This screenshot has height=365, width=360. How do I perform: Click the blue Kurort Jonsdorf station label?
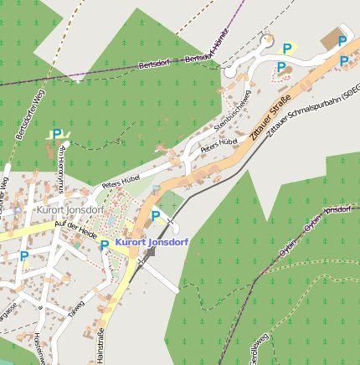(152, 243)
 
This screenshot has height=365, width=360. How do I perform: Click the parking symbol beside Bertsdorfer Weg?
(57, 134)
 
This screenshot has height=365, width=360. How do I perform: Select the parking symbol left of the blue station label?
(105, 245)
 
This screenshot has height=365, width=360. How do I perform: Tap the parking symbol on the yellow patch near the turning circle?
(287, 49)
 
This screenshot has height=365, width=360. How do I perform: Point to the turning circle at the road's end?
(267, 39)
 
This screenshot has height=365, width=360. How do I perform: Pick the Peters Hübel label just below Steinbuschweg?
(220, 144)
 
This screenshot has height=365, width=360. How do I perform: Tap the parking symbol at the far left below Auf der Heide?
(24, 257)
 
